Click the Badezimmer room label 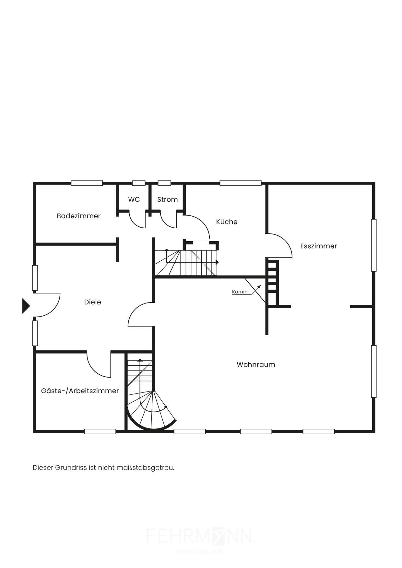coord(78,216)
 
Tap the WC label coord(134,199)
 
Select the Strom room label coord(168,199)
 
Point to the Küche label coord(227,222)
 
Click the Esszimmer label coord(318,246)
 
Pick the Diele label coord(92,302)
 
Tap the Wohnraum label coord(256,365)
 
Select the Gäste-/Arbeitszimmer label coord(80,391)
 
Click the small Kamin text coord(240,292)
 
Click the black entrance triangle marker coord(26,306)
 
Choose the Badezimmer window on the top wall coord(87,183)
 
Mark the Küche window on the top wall coord(241,183)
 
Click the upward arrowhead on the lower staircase coord(140,360)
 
